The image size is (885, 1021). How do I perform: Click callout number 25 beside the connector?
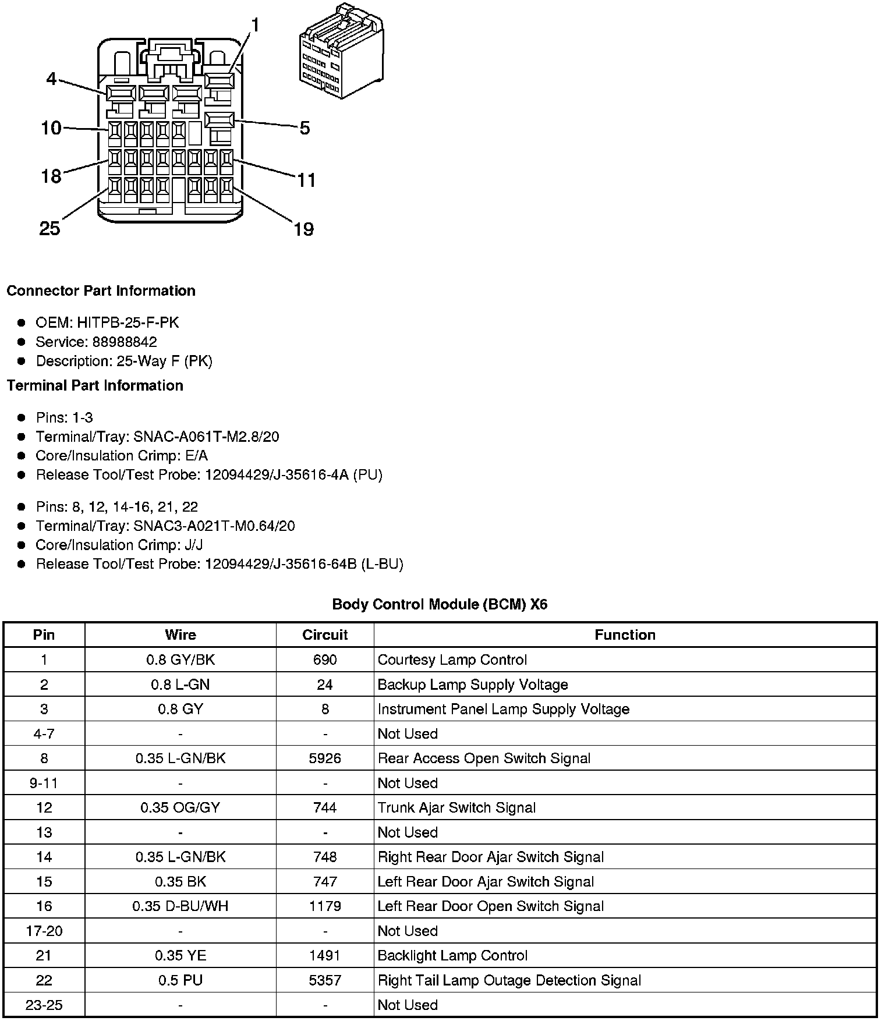[x=50, y=228]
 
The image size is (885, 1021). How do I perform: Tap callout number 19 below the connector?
[x=303, y=229]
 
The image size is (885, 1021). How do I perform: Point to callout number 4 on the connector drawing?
[x=52, y=79]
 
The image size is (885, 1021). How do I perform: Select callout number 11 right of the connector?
[x=306, y=180]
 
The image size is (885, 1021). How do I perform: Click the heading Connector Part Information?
[x=101, y=290]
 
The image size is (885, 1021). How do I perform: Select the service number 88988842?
[x=125, y=342]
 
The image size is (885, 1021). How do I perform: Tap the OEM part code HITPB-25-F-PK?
[x=128, y=322]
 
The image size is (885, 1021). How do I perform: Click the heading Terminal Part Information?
[x=95, y=385]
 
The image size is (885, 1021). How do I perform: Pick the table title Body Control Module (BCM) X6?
[x=440, y=604]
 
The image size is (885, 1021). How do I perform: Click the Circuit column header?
[x=325, y=634]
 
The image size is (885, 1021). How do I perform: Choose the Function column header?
[x=625, y=634]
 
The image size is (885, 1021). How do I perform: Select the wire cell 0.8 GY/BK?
[x=180, y=660]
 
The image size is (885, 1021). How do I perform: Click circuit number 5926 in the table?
[x=325, y=758]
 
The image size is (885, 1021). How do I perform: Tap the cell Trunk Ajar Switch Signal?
[x=456, y=807]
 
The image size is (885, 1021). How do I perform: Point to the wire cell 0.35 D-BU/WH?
[x=180, y=906]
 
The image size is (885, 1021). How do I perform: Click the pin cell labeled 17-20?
[x=44, y=931]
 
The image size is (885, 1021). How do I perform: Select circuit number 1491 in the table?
[x=325, y=955]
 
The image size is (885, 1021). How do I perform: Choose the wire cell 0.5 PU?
[x=180, y=980]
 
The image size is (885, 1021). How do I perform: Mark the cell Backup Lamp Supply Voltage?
[x=473, y=685]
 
